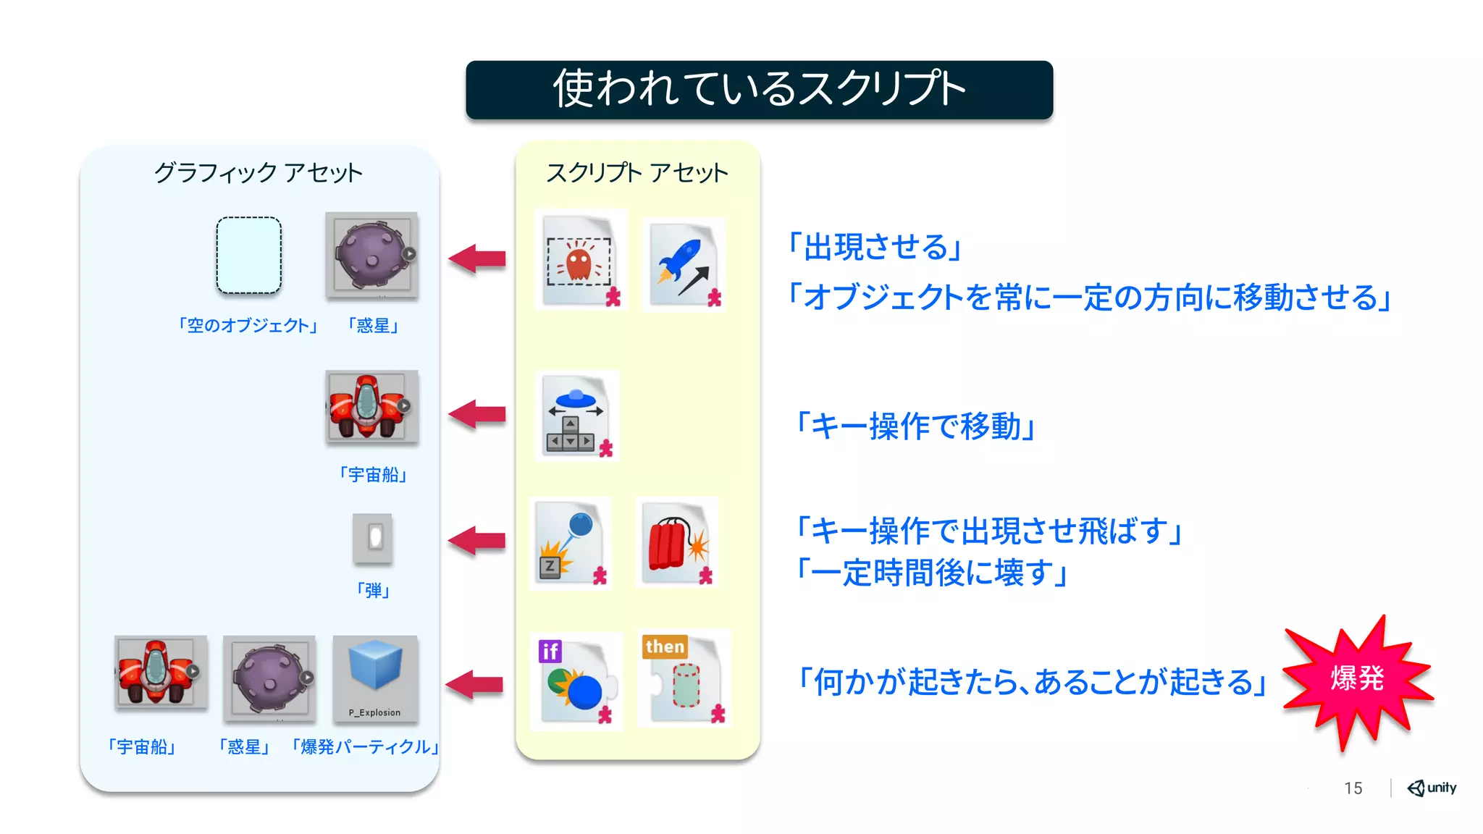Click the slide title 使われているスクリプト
coord(759,89)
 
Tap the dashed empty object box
coord(248,256)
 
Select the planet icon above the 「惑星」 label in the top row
coord(371,255)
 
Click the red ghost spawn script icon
coord(580,261)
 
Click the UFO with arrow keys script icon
coord(577,416)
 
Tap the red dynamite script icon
coord(677,543)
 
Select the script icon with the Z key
coord(571,543)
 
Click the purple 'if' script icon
coord(576,681)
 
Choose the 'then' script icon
coord(684,678)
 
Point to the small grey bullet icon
coord(373,538)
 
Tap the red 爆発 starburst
coord(1357,679)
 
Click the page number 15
coord(1353,788)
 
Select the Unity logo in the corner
coord(1432,788)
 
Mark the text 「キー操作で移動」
coord(916,426)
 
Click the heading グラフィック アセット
coord(258,172)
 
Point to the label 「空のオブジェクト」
coord(248,326)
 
